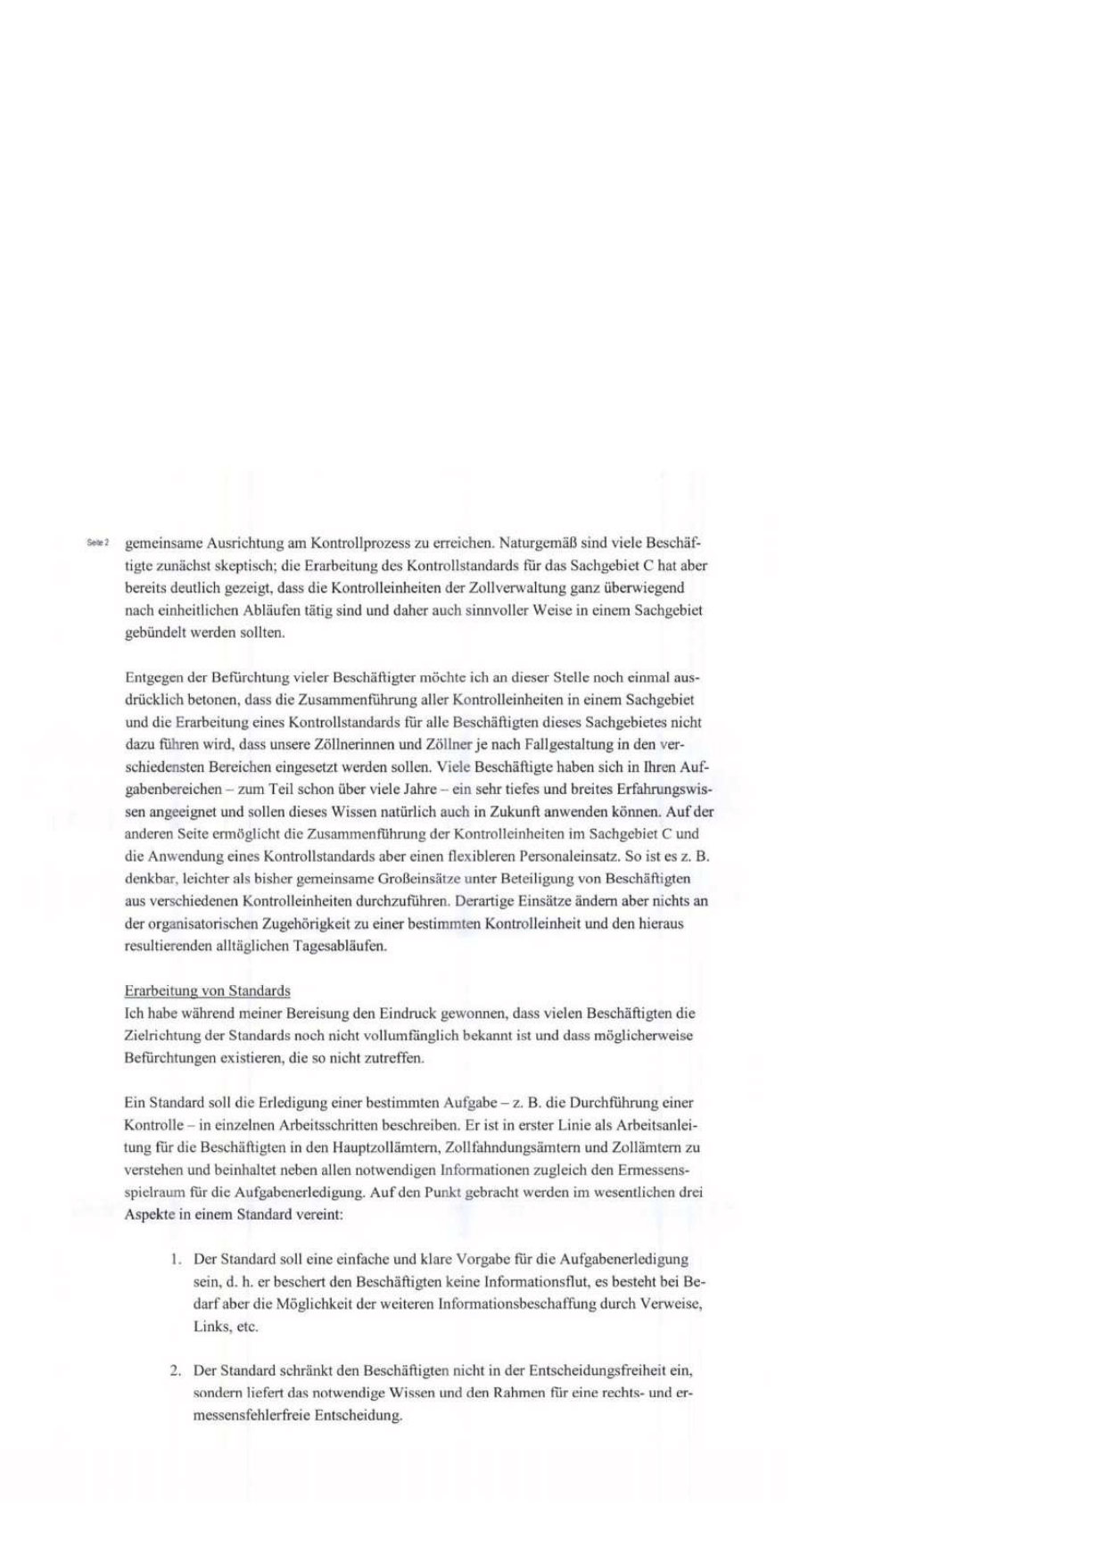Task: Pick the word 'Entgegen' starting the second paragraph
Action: [151, 677]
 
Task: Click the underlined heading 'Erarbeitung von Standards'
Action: [207, 990]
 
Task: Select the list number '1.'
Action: [176, 1260]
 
